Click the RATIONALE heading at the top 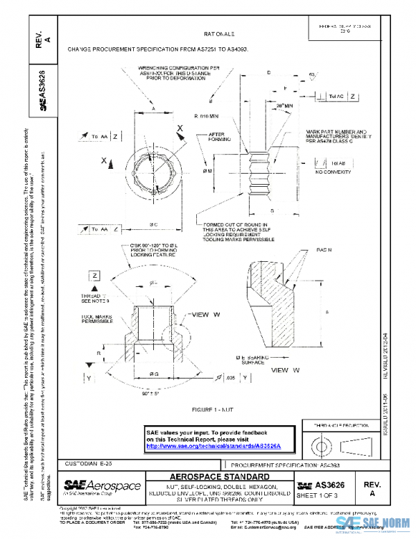pos(219,33)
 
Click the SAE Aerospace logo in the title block pos(102,486)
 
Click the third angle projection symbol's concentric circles pos(322,444)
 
